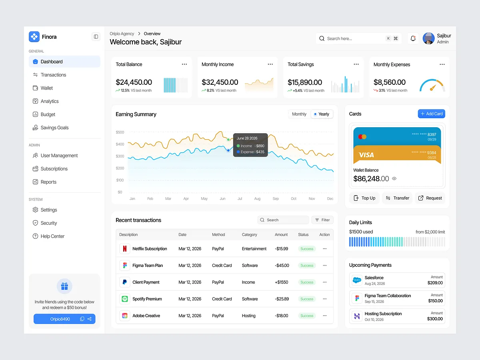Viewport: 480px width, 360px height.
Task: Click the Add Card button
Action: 431,114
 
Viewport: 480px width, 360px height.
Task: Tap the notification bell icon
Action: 413,38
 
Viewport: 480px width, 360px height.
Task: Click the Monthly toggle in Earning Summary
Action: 299,114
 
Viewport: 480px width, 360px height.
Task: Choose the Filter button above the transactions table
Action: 322,220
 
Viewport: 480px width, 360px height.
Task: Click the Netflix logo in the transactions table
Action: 125,249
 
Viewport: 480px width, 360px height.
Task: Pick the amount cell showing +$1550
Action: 282,282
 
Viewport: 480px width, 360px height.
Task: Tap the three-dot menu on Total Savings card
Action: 356,64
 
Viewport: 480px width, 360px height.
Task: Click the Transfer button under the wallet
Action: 397,198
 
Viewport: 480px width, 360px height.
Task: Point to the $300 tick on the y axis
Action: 120,156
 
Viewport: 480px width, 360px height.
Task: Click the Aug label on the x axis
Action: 257,199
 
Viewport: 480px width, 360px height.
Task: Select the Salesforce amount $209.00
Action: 435,283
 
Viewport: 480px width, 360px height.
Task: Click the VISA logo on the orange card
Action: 366,155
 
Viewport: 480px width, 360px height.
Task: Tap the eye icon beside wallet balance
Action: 394,178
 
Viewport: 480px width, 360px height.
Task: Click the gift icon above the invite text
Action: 64,286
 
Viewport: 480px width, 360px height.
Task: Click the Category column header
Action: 249,234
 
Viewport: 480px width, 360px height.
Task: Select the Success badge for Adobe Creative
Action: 307,316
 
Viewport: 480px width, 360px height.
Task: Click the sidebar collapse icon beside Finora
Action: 96,37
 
